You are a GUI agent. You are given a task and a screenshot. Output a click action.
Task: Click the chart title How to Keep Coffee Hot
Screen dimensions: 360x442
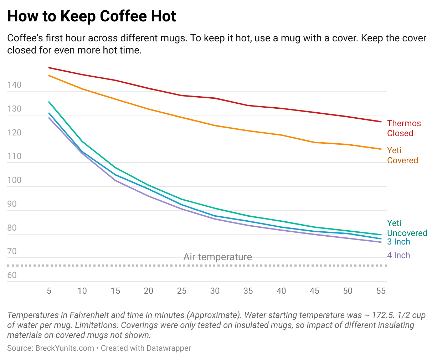click(92, 16)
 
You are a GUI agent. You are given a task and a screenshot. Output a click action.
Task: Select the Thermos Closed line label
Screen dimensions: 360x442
click(404, 128)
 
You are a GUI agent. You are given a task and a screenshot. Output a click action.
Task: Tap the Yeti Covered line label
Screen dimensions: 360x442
click(402, 155)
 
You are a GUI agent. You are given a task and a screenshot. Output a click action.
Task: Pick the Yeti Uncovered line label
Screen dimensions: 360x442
click(407, 228)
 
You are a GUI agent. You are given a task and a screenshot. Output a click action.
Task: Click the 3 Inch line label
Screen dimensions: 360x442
click(399, 242)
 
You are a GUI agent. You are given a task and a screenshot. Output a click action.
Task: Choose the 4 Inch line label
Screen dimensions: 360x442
click(399, 255)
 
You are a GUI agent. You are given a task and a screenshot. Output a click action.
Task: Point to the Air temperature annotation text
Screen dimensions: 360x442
click(217, 257)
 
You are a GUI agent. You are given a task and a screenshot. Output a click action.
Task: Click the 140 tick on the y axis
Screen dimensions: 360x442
click(14, 85)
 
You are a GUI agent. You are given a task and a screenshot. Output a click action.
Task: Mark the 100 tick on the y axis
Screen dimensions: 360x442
click(14, 180)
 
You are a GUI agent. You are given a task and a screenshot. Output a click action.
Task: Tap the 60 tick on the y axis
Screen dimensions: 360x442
click(12, 275)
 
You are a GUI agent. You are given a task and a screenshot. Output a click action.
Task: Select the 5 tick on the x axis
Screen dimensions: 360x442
click(49, 291)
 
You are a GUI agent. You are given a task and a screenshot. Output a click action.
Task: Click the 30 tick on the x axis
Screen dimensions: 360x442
click(215, 291)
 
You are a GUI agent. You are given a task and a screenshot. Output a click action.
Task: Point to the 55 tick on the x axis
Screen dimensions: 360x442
click(381, 291)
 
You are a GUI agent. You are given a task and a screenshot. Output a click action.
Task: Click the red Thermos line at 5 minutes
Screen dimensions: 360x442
click(49, 68)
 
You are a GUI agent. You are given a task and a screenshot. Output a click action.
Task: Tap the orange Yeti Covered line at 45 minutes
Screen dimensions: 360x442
click(314, 142)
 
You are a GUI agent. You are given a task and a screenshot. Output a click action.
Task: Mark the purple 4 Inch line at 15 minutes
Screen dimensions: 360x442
click(115, 181)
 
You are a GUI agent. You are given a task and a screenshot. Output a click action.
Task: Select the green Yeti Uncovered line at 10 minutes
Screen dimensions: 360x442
click(82, 142)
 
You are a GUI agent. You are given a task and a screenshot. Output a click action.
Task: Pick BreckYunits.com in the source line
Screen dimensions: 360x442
click(65, 348)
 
